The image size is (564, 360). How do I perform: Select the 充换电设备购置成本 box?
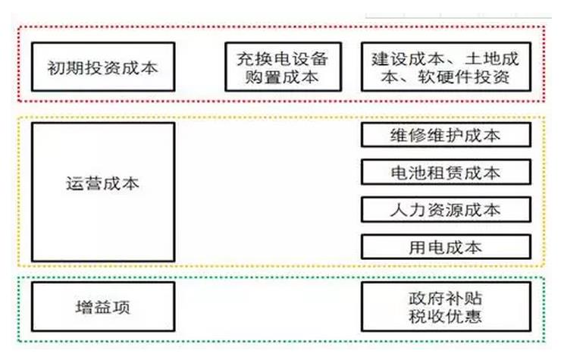284,67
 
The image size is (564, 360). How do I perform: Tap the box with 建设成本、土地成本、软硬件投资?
446,67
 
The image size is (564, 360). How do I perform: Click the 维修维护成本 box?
446,135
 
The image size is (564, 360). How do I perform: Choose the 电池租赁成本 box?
446,172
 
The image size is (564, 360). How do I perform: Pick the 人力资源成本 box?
446,209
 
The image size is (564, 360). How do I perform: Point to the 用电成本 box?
446,246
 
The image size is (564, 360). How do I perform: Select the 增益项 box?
104,308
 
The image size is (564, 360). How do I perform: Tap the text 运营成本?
104,183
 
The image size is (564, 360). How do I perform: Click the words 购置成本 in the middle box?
284,77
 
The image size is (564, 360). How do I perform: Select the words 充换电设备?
284,58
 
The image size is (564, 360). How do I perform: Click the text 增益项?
104,308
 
